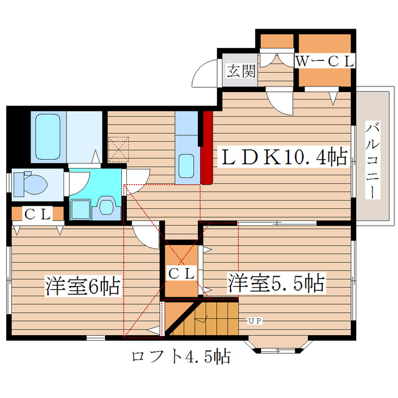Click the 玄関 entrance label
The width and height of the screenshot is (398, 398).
[241, 71]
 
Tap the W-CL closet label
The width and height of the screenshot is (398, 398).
[324, 61]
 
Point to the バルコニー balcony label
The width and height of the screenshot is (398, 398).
[373, 160]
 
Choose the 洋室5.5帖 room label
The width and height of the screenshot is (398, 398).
[275, 284]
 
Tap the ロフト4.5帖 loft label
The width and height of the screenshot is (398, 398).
[181, 357]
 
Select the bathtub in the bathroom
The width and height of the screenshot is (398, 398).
[47, 136]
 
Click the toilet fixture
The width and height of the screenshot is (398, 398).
[32, 183]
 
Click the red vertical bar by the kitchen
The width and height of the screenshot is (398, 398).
[207, 147]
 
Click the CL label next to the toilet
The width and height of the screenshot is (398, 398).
[37, 214]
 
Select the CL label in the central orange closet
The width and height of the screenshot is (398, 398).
[182, 273]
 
